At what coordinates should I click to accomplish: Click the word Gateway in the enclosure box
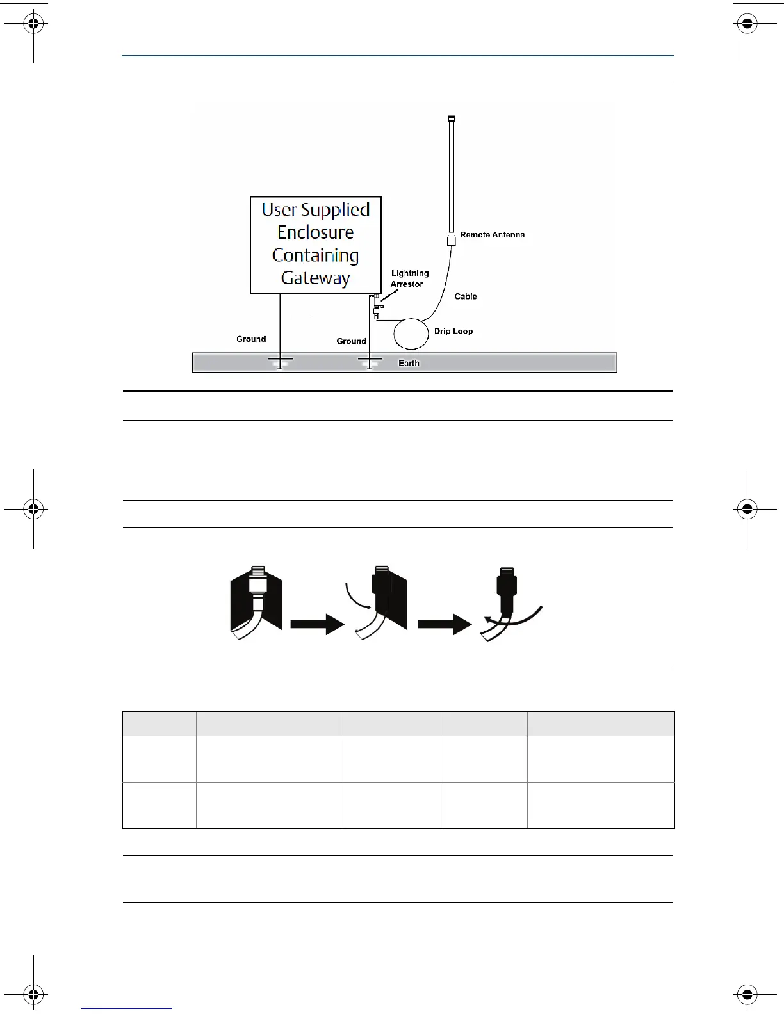[x=315, y=278]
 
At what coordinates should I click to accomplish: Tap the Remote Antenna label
[x=492, y=235]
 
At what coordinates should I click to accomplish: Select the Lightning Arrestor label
[x=409, y=278]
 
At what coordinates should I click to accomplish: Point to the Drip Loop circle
[x=411, y=334]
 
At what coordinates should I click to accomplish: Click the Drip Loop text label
[x=453, y=331]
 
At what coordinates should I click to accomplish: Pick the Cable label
[x=466, y=296]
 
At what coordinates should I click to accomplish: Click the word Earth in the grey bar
[x=409, y=363]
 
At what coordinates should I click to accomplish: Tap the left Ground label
[x=251, y=339]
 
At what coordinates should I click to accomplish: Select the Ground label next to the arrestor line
[x=351, y=341]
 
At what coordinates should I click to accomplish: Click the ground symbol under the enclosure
[x=280, y=363]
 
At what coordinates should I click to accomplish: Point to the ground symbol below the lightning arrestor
[x=370, y=363]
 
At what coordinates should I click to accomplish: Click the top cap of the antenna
[x=452, y=118]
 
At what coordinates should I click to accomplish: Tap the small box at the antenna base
[x=452, y=241]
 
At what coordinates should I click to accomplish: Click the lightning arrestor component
[x=376, y=306]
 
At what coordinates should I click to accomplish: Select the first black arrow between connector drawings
[x=318, y=623]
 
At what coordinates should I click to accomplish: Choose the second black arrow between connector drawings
[x=445, y=623]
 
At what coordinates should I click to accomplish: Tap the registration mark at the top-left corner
[x=34, y=25]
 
